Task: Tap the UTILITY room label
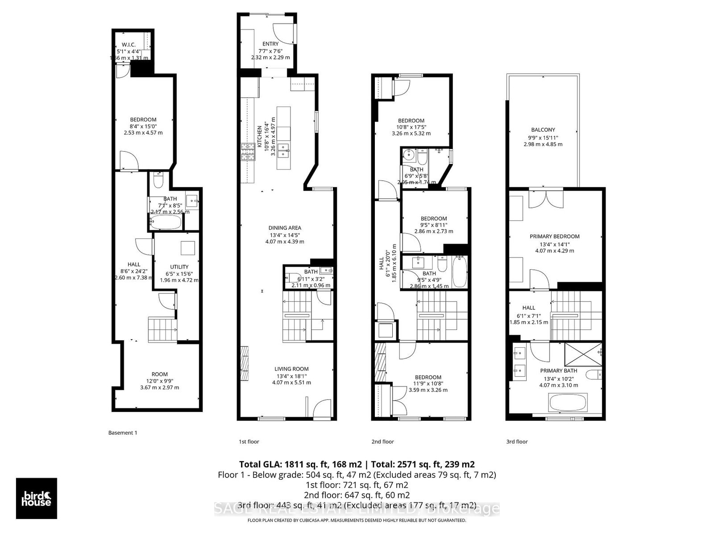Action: (x=179, y=267)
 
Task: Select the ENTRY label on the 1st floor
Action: (x=270, y=44)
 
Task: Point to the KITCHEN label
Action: (x=259, y=136)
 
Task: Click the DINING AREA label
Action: (x=285, y=228)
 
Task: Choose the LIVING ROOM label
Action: (x=291, y=369)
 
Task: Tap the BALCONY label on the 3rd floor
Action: (x=543, y=130)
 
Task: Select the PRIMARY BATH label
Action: (x=558, y=370)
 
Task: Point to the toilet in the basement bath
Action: (x=158, y=181)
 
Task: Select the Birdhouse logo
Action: (x=37, y=498)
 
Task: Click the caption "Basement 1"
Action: (x=123, y=432)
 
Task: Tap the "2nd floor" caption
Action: (x=382, y=441)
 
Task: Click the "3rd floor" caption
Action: (x=517, y=441)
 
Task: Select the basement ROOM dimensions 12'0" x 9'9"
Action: (x=159, y=381)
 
